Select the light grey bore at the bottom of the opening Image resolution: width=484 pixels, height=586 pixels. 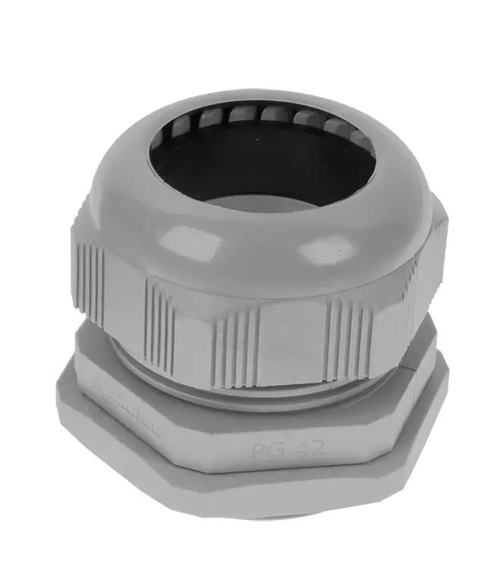coord(262,202)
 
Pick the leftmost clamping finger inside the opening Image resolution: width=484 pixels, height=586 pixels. coord(176,129)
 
